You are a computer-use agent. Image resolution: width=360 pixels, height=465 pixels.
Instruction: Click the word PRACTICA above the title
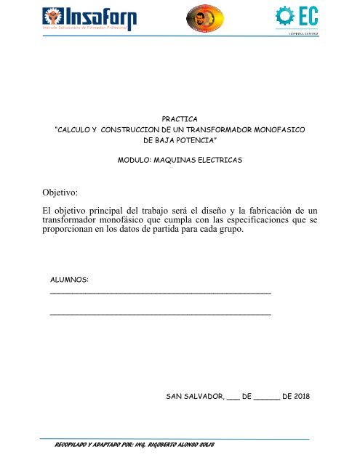[x=180, y=116]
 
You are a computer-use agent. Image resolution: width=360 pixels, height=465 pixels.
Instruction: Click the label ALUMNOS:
[x=69, y=278]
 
